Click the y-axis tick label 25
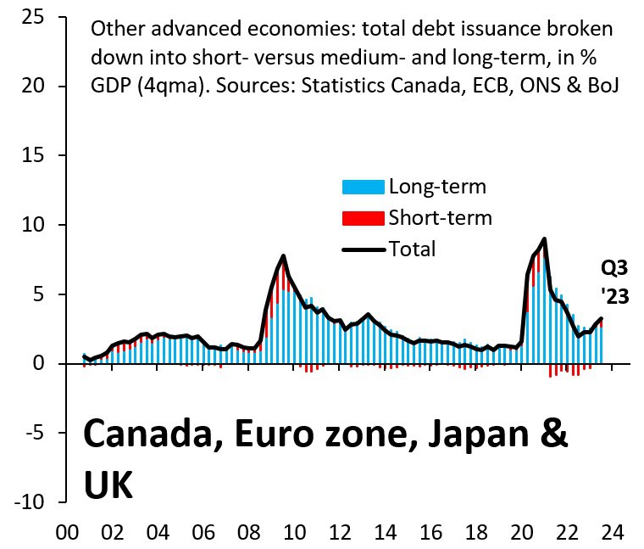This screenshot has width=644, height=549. [x=34, y=18]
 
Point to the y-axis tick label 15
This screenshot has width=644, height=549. [x=34, y=156]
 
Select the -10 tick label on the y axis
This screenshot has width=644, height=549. [x=31, y=502]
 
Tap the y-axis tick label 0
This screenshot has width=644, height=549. [x=41, y=364]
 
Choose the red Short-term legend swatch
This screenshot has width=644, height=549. [x=363, y=218]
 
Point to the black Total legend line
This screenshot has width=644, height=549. [x=363, y=249]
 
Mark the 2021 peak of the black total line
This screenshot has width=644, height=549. [x=544, y=238]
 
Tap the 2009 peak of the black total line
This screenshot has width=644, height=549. [x=283, y=255]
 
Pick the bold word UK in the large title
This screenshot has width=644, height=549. [x=108, y=484]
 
